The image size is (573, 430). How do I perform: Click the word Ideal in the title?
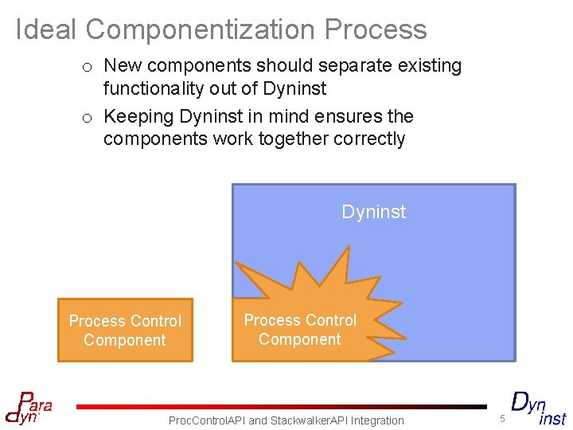coord(46,29)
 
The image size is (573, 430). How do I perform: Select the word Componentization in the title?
coord(201,30)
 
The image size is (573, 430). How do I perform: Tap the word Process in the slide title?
coord(376,30)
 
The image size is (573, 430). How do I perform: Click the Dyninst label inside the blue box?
coord(373,212)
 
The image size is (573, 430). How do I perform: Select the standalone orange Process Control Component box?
coord(125,330)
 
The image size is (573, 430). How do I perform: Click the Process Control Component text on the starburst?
coord(300,330)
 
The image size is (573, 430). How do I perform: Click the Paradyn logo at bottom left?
coord(29,408)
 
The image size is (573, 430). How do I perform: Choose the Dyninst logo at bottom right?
coord(538,408)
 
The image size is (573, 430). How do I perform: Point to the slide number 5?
coord(502,419)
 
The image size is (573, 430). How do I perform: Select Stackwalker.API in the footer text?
coord(306,420)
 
